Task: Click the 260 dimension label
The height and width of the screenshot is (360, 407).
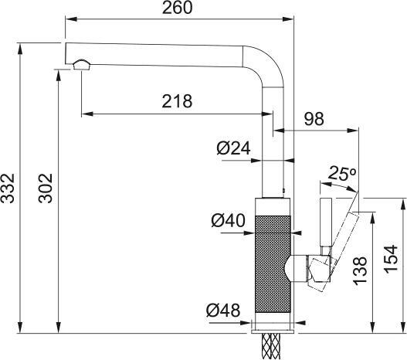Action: [x=178, y=8]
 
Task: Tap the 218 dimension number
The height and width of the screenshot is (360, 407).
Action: [x=178, y=101]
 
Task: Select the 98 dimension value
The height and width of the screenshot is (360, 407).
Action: [x=314, y=119]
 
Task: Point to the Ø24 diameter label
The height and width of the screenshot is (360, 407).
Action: [x=233, y=148]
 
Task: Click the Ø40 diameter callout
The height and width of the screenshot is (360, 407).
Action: [x=228, y=220]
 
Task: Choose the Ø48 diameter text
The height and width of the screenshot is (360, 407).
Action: [x=223, y=310]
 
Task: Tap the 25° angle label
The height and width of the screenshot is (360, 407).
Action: [x=341, y=173]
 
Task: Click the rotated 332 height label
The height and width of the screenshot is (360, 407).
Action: [x=8, y=188]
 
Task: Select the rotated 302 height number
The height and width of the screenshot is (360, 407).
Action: [x=46, y=188]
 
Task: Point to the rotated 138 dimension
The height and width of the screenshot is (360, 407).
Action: [x=361, y=270]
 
